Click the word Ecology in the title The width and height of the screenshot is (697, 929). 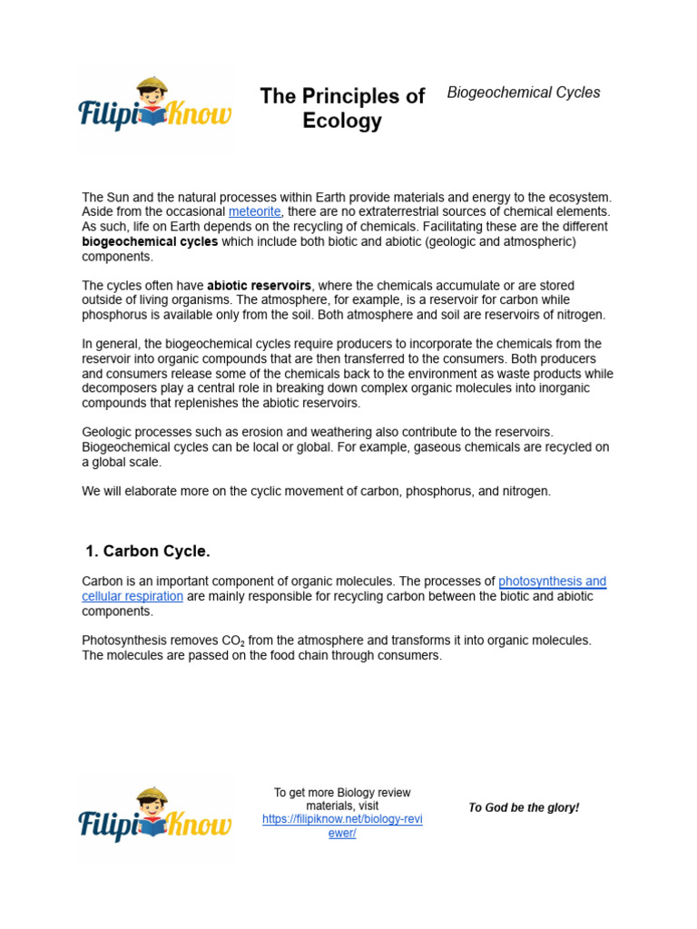pyautogui.click(x=342, y=122)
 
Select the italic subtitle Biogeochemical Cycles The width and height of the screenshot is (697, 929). pyautogui.click(x=524, y=93)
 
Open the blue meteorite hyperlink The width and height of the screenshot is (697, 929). pyautogui.click(x=255, y=211)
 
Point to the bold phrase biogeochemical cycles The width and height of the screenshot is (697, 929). pyautogui.click(x=150, y=242)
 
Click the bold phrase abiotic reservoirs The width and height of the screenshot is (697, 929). pyautogui.click(x=259, y=286)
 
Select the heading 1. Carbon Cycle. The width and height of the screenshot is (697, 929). pyautogui.click(x=147, y=552)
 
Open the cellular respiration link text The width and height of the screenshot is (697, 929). pyautogui.click(x=133, y=596)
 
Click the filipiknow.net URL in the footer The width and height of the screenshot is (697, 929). pyautogui.click(x=342, y=826)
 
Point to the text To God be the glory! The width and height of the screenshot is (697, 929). pyautogui.click(x=524, y=807)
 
